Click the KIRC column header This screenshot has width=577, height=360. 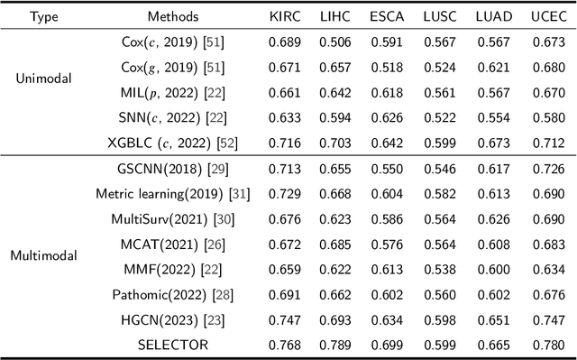pos(283,16)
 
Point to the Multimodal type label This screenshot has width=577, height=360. pos(44,255)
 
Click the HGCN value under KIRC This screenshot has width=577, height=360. pos(283,320)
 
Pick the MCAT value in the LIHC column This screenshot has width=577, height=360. pos(336,244)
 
